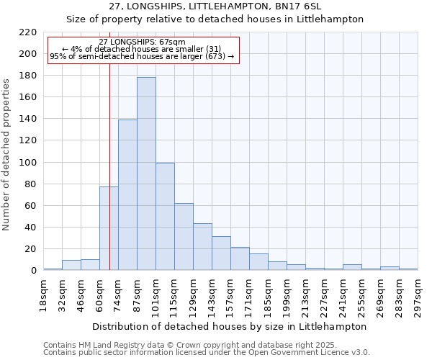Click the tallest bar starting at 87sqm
point(146,174)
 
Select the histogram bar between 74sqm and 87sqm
point(127,195)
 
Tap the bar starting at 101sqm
point(165,217)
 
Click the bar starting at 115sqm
point(184,237)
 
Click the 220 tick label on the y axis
point(28,32)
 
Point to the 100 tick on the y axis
point(28,163)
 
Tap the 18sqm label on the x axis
point(43,295)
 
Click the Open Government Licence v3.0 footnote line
point(207,353)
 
